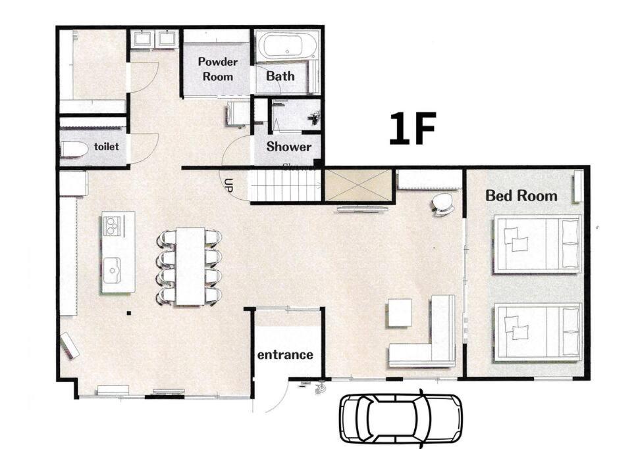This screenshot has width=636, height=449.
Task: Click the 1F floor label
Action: [412, 128]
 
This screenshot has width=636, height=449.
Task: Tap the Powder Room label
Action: [218, 69]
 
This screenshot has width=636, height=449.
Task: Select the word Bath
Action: [280, 76]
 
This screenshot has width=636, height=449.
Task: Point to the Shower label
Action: [289, 147]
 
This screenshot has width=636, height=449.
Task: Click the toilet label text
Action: [106, 146]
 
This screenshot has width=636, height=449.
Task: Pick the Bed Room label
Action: [521, 196]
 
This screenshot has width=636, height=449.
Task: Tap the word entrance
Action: [285, 355]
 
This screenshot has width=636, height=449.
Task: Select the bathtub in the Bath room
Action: [287, 46]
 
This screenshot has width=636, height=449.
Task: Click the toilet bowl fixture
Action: [74, 150]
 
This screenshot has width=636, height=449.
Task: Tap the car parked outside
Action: [401, 419]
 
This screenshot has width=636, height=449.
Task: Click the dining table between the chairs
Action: [190, 266]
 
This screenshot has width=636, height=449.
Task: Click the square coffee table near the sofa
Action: [400, 312]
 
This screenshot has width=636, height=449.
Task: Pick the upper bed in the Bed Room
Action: [537, 244]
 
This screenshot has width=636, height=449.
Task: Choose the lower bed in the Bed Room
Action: [537, 333]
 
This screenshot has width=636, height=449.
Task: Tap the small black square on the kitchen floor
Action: [129, 312]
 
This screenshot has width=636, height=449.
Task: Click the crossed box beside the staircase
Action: [358, 185]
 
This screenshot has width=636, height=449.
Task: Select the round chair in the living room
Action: [443, 204]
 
